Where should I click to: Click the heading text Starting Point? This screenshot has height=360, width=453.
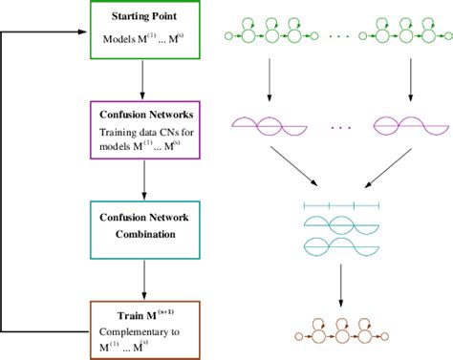(x=141, y=18)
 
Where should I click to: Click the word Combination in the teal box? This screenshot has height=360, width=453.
(x=141, y=232)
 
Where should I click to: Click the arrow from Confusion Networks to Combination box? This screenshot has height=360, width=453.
(x=141, y=179)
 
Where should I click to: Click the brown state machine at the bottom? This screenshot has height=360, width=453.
(x=340, y=333)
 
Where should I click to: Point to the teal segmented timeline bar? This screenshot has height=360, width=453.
(x=341, y=204)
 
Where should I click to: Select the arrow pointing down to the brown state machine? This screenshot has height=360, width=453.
(x=341, y=285)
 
